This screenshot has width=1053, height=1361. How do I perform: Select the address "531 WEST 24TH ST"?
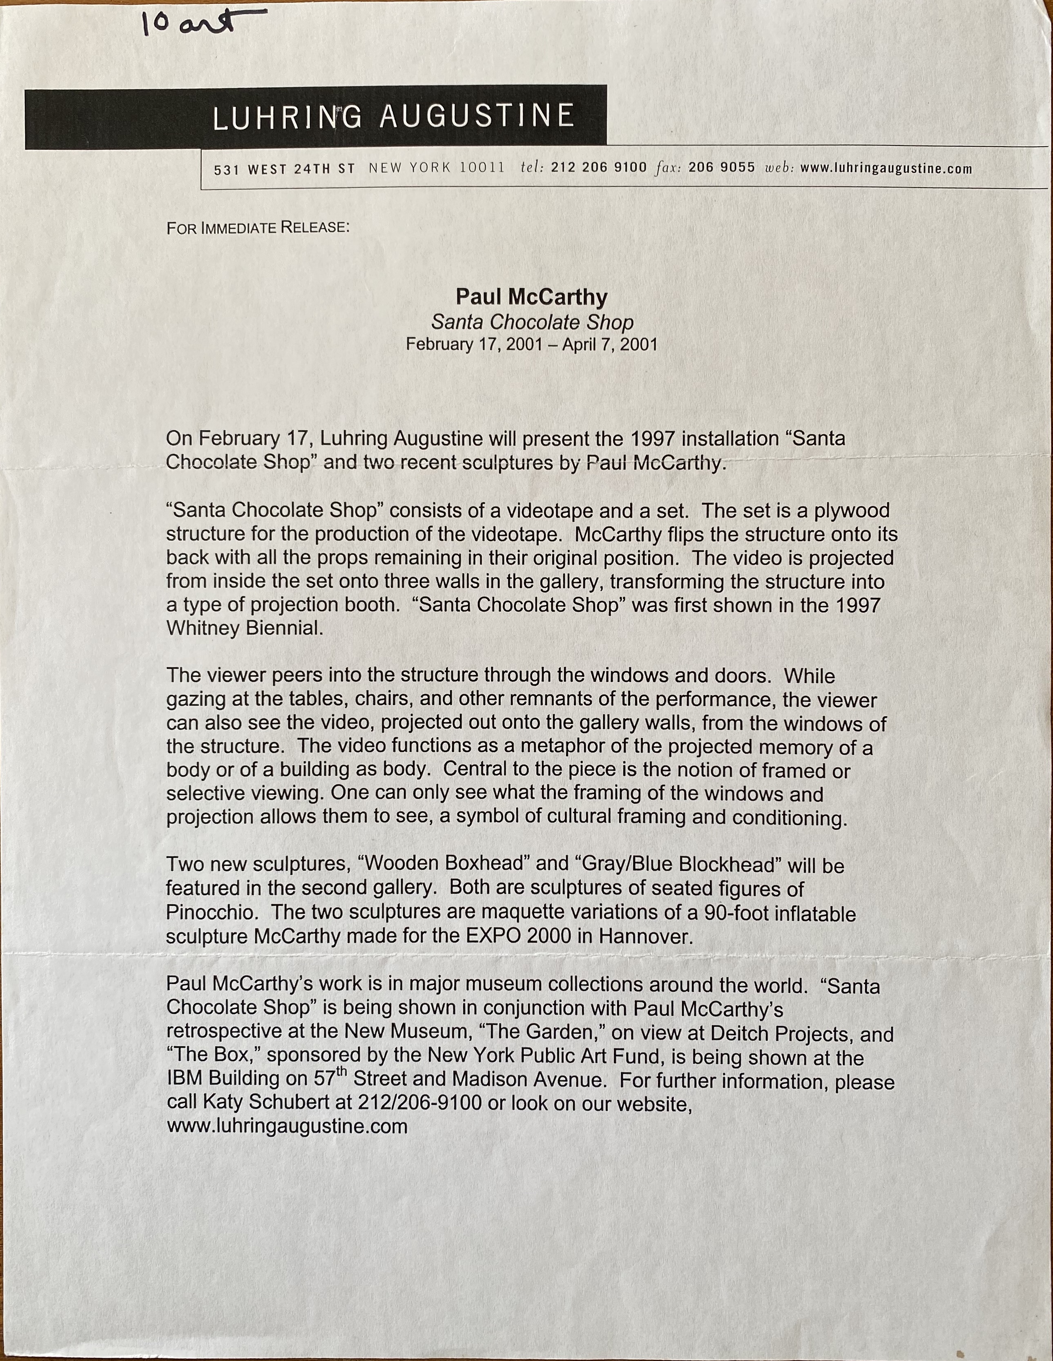coord(284,169)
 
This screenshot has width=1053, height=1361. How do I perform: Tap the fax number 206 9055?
coord(721,168)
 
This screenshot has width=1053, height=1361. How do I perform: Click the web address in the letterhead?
coord(886,168)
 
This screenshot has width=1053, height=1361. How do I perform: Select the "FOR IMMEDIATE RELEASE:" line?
coord(258,228)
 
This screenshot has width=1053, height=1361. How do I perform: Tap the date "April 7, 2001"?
coord(609,344)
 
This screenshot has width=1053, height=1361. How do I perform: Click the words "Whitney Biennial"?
coord(244,628)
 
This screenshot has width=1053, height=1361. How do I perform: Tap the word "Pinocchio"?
coord(211,912)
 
